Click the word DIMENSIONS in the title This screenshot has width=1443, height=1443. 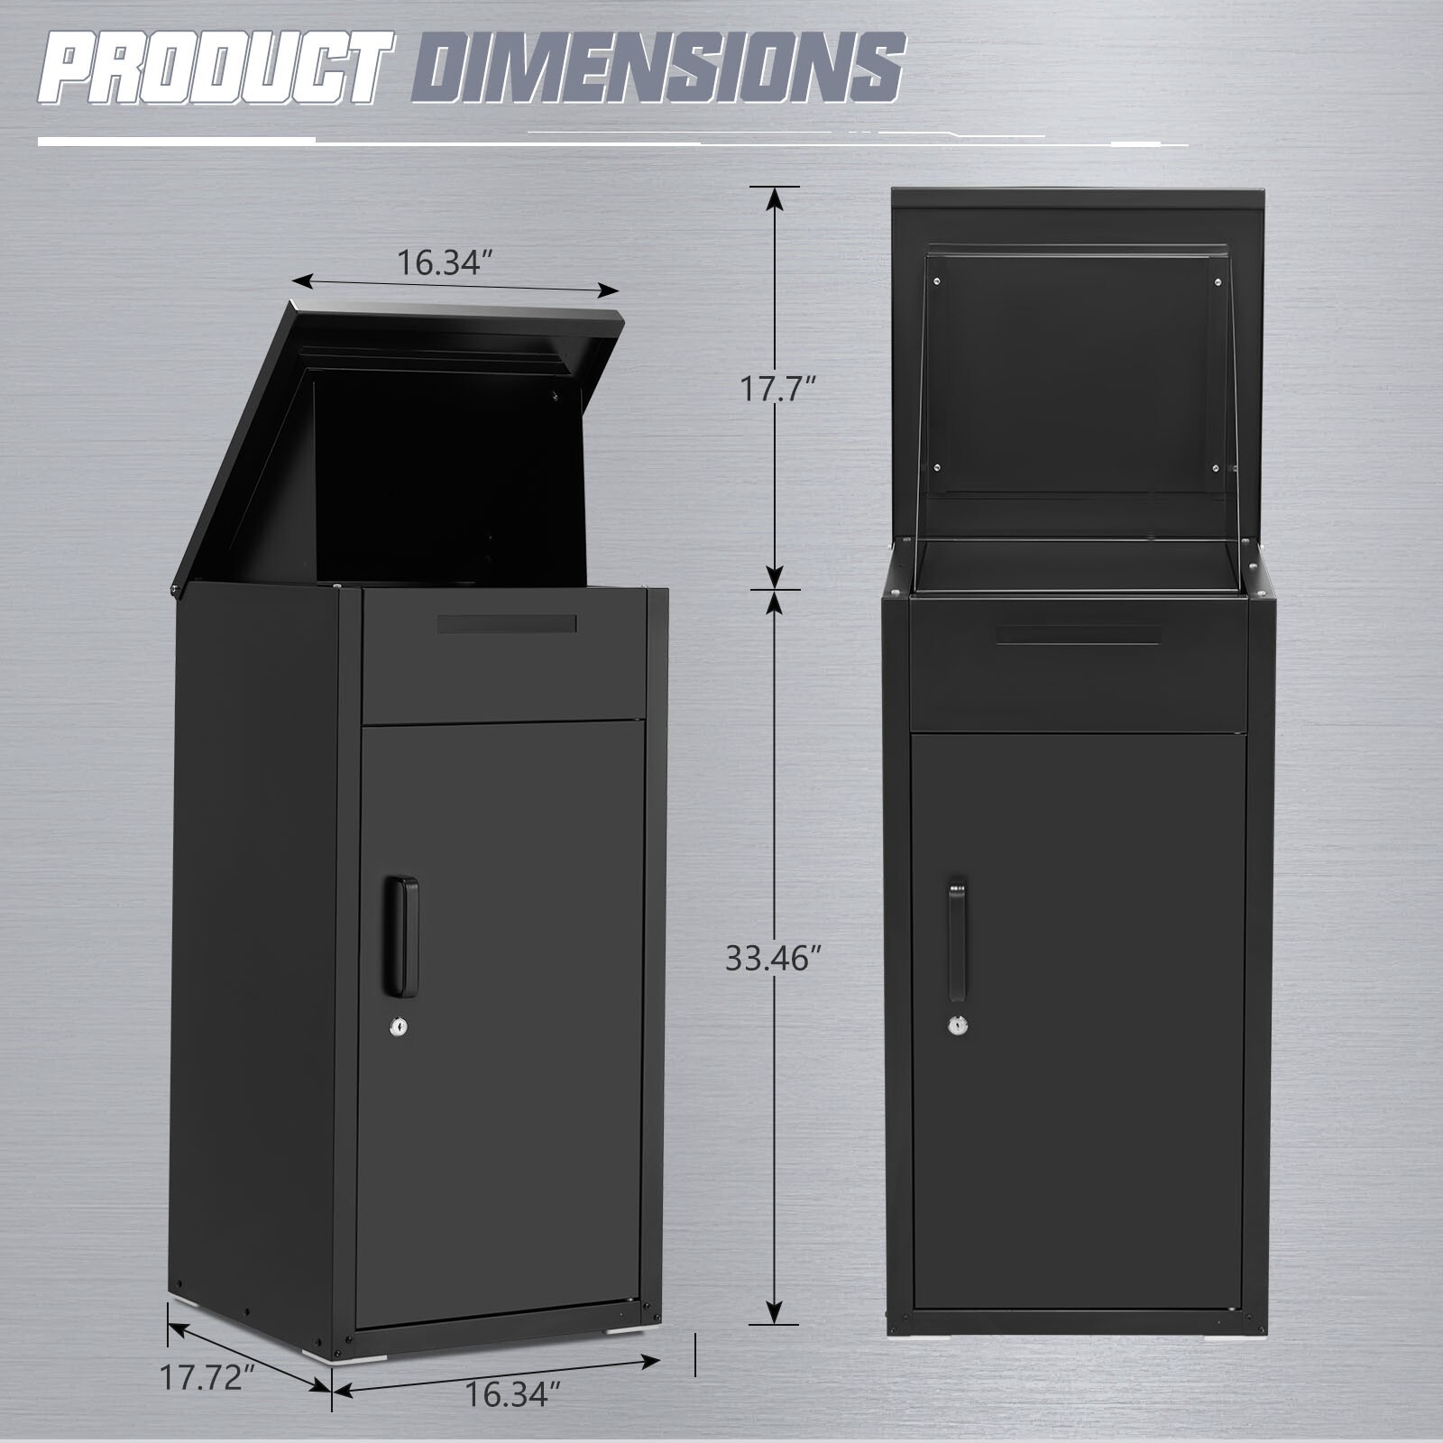point(658,82)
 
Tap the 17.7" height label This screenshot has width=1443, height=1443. point(778,390)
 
